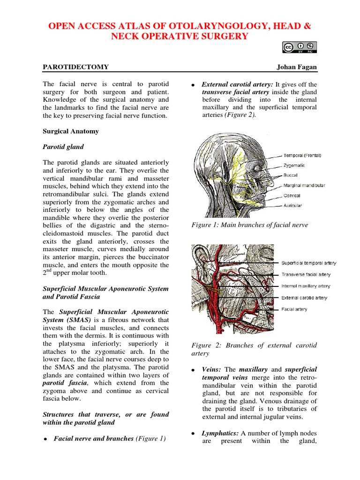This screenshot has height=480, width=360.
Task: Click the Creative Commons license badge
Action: coord(300,47)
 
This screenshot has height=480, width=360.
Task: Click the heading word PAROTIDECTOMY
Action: coord(75,67)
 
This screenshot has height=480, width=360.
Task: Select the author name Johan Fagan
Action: coord(296,67)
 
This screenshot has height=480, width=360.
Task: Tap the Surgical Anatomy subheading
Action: coord(71,131)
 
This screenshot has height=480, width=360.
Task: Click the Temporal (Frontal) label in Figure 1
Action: coord(302,155)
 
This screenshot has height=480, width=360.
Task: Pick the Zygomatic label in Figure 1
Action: coord(294,165)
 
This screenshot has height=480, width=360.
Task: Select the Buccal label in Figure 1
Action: coord(290,175)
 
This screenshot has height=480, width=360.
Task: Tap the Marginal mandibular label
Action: coord(304,185)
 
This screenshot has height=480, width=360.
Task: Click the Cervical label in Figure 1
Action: coord(292,195)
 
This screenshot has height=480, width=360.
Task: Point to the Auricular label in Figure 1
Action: coord(293,205)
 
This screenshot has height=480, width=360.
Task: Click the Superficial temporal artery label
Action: coord(308,263)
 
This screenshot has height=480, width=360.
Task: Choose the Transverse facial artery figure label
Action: coord(306,275)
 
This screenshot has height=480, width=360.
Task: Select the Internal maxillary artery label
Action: coord(306,286)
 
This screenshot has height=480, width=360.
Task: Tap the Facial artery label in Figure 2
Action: coord(294,309)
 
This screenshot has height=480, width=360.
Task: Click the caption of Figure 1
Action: coord(250,225)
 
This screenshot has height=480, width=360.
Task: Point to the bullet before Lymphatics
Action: coord(193,434)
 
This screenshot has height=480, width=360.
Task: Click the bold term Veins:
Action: coord(212,369)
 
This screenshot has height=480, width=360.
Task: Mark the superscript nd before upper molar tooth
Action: coord(48,271)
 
